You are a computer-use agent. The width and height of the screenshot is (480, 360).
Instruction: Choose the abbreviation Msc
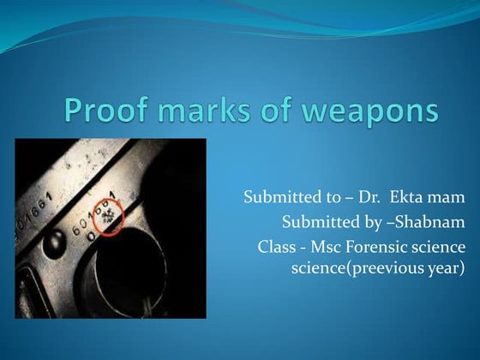pos(326,249)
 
